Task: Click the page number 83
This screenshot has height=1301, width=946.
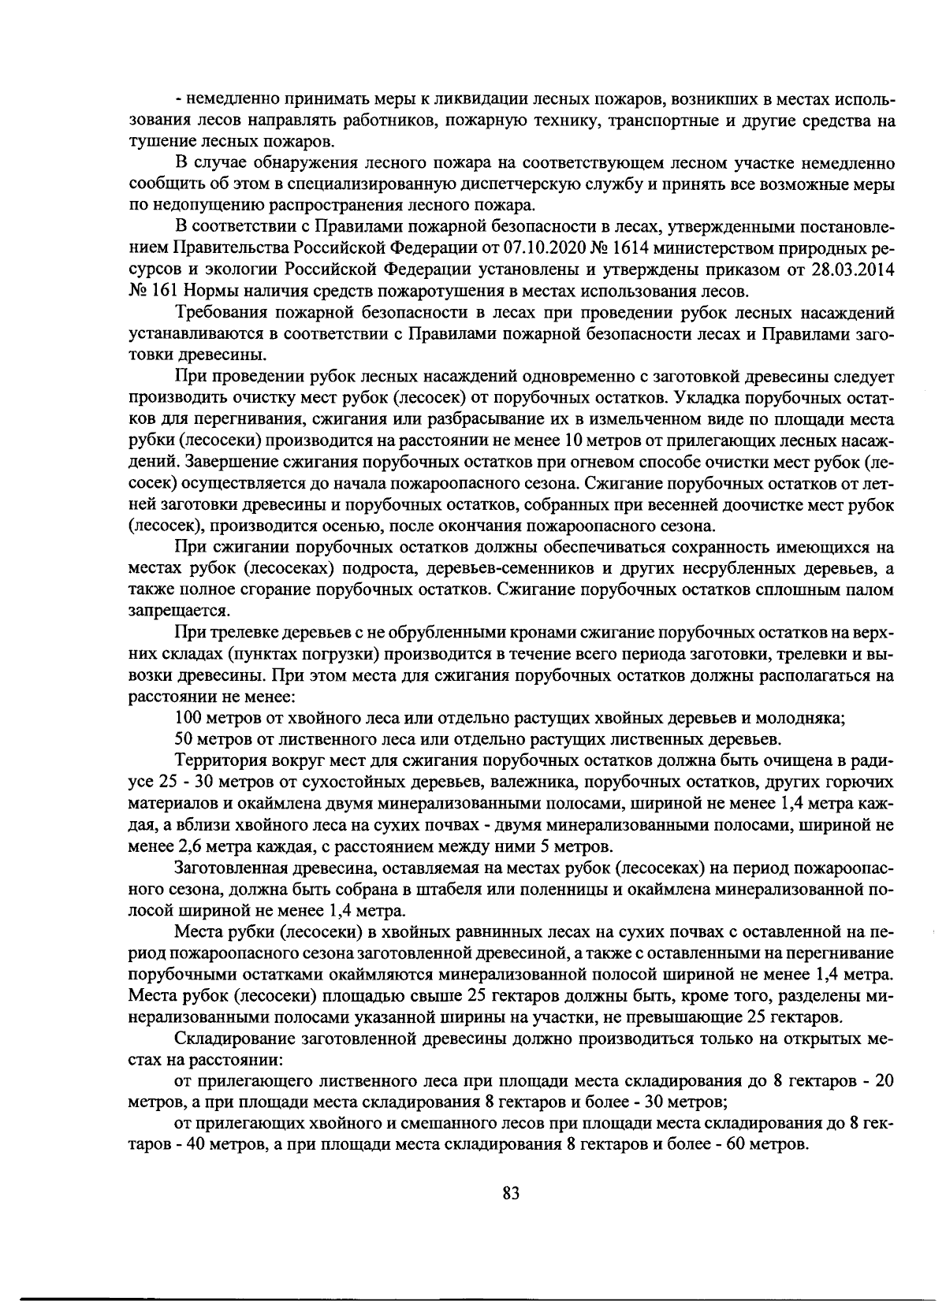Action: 511,1193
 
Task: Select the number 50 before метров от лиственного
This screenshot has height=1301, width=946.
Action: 184,738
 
